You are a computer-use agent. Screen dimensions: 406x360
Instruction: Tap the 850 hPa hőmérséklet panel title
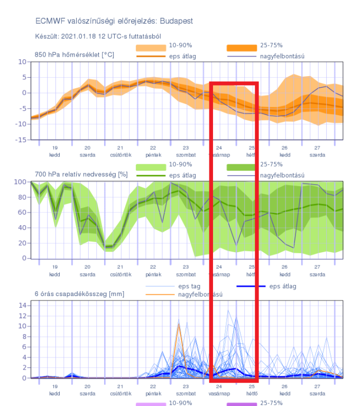(74, 54)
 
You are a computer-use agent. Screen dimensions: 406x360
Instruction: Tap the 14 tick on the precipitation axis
(23, 305)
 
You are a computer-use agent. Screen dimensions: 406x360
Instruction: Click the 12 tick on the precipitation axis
(23, 316)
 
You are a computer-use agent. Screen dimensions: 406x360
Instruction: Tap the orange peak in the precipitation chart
(179, 324)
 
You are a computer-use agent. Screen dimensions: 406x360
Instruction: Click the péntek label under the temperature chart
(153, 155)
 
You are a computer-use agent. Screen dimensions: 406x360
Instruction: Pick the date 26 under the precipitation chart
(284, 387)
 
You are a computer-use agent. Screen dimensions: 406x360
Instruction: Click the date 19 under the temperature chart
(54, 148)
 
